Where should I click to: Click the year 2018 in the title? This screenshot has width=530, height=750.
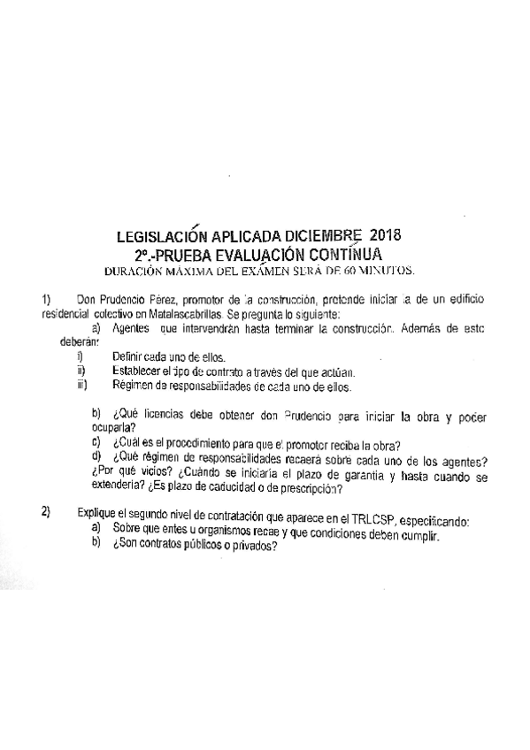point(385,236)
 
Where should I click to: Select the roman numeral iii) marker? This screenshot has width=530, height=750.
point(82,385)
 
